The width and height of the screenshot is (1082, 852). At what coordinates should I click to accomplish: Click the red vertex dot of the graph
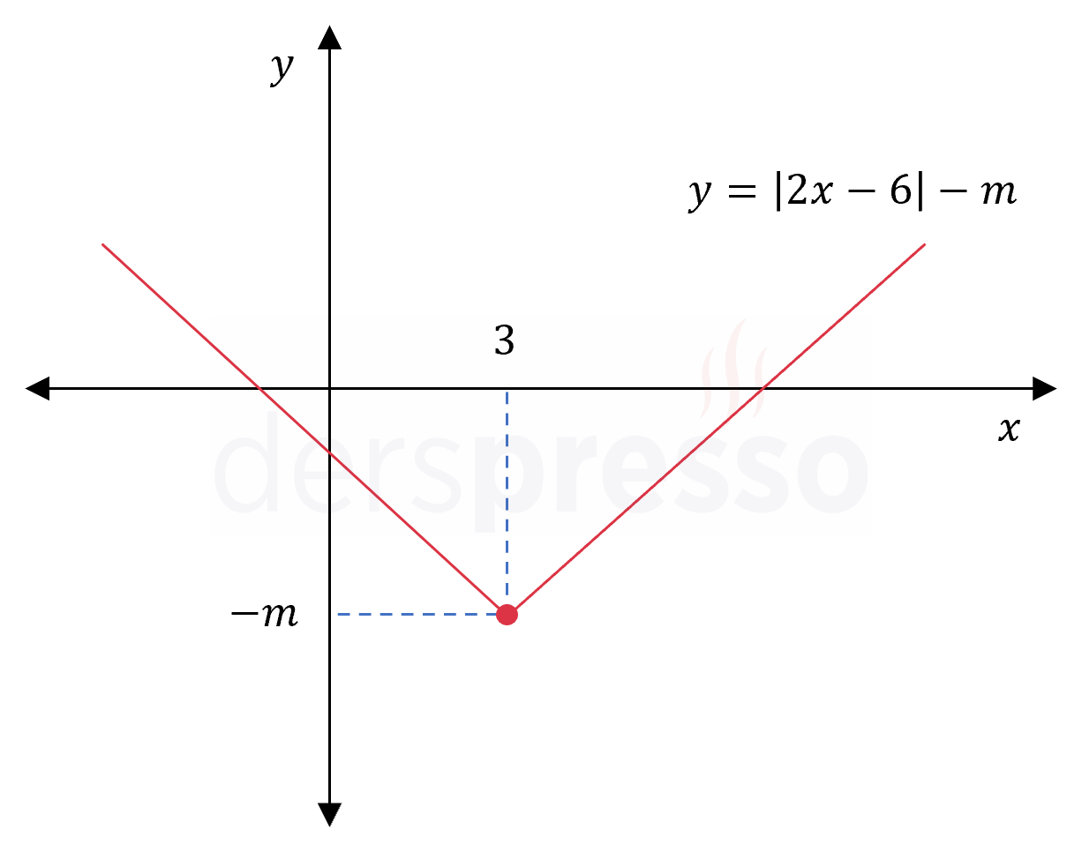tap(507, 614)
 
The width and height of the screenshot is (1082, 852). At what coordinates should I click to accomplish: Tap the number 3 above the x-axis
tap(504, 340)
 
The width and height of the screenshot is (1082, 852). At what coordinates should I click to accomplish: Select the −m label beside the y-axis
tap(264, 614)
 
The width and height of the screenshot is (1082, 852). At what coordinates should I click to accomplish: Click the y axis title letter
tap(282, 69)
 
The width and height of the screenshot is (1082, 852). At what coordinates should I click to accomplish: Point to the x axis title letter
tap(1009, 430)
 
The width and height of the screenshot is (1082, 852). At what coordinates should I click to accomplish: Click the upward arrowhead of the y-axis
tap(330, 38)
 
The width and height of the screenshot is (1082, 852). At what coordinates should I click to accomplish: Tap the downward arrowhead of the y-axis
tap(330, 814)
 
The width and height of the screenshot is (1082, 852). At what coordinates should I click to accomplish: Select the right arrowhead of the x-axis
tap(1044, 389)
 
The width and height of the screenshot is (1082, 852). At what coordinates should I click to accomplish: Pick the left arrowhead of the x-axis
tap(38, 389)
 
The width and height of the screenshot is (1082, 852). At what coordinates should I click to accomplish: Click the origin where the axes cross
tap(330, 389)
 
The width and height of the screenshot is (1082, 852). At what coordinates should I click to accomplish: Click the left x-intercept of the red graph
tap(259, 389)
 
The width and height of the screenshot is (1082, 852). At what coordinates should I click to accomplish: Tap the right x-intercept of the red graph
tap(763, 389)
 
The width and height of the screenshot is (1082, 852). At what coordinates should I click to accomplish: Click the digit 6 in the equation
tap(901, 191)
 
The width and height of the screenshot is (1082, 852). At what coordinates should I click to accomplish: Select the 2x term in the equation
tap(810, 191)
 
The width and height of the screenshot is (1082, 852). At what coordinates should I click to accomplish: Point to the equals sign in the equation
tap(742, 191)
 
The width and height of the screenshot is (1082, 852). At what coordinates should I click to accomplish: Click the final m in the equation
tap(998, 193)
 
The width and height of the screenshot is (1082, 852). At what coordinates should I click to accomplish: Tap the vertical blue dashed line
tap(507, 497)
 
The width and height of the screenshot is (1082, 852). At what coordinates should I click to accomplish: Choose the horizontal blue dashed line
tap(417, 614)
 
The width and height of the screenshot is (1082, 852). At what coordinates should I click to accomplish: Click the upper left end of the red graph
tap(102, 244)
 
